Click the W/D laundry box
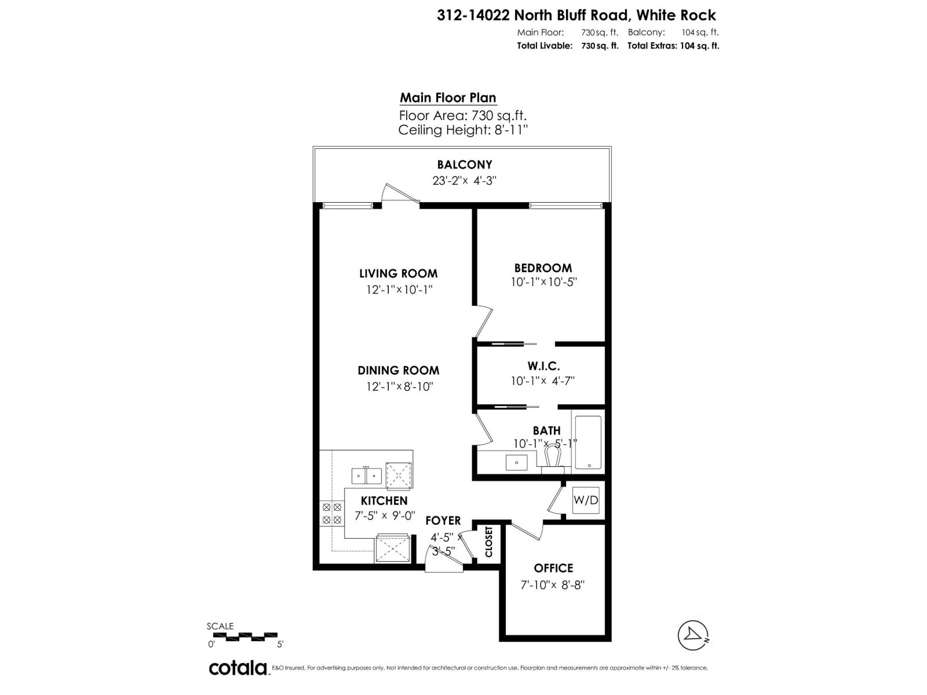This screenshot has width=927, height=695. pyautogui.click(x=586, y=500)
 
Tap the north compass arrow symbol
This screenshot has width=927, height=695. pyautogui.click(x=694, y=635)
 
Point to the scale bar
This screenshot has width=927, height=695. pyautogui.click(x=244, y=636)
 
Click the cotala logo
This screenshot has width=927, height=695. pyautogui.click(x=238, y=668)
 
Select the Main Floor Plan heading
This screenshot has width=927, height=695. pyautogui.click(x=448, y=97)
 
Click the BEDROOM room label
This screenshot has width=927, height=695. pyautogui.click(x=543, y=268)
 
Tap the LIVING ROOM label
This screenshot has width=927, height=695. pyautogui.click(x=398, y=273)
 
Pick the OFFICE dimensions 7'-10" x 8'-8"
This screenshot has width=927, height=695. pyautogui.click(x=553, y=584)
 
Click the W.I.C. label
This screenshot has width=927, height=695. pyautogui.click(x=543, y=366)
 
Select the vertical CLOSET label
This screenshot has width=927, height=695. pyautogui.click(x=488, y=542)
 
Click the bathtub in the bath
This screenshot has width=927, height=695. pyautogui.click(x=587, y=442)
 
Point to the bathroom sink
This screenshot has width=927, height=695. pyautogui.click(x=516, y=462)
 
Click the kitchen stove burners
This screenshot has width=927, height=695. pyautogui.click(x=331, y=514)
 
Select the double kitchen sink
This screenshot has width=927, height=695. pyautogui.click(x=366, y=476)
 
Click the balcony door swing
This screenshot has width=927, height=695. pyautogui.click(x=400, y=193)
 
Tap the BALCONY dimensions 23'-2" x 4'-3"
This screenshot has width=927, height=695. pyautogui.click(x=464, y=180)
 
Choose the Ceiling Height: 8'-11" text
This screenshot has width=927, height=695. pyautogui.click(x=463, y=130)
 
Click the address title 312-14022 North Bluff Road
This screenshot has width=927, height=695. pyautogui.click(x=576, y=15)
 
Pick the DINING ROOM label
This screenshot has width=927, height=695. pyautogui.click(x=398, y=370)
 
